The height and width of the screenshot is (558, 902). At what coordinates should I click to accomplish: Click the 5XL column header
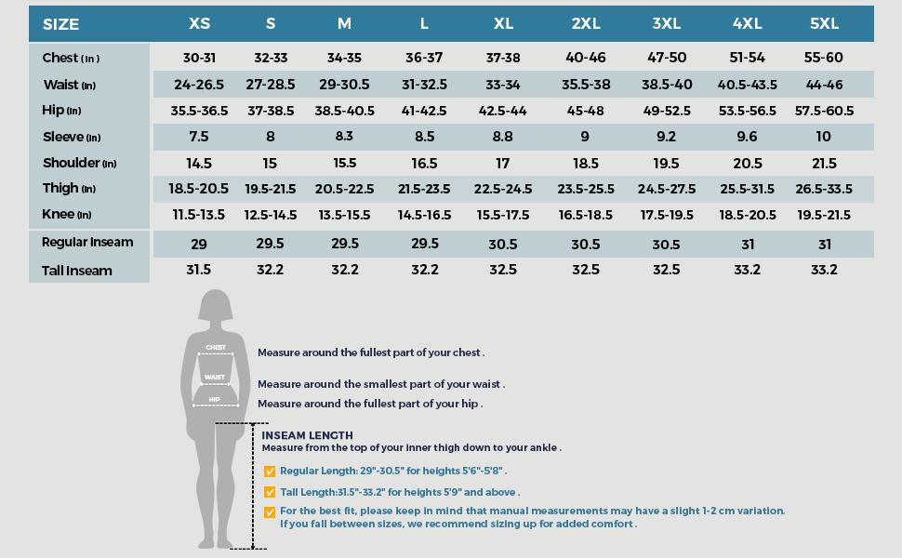[x=823, y=23]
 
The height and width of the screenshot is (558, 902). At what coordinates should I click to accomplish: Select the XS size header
[x=199, y=23]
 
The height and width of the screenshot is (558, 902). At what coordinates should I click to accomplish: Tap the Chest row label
[x=71, y=58]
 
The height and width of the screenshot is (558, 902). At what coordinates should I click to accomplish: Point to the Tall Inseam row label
[x=77, y=271]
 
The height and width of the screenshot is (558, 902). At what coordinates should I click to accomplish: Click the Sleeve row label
[x=71, y=137]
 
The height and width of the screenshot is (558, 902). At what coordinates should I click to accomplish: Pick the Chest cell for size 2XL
[x=586, y=58]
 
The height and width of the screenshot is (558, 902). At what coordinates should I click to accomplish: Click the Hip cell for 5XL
[x=824, y=111]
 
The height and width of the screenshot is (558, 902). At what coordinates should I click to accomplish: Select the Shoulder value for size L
[x=424, y=163]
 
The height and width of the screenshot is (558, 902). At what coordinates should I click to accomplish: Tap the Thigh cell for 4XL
[x=747, y=189]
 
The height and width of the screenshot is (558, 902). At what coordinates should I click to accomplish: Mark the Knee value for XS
[x=199, y=215]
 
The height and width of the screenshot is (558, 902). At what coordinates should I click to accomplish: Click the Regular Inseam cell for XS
[x=199, y=245]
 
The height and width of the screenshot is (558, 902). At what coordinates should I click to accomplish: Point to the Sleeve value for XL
[x=503, y=137]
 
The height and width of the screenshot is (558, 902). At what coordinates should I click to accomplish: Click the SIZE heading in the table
[x=61, y=24]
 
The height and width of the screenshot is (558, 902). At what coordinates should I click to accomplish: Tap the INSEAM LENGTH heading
[x=307, y=435]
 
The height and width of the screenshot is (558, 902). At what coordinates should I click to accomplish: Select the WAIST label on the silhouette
[x=215, y=378]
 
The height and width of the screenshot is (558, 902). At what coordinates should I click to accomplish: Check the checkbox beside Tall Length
[x=270, y=492]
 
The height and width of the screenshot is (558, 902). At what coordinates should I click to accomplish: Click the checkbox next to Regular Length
[x=270, y=472]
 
